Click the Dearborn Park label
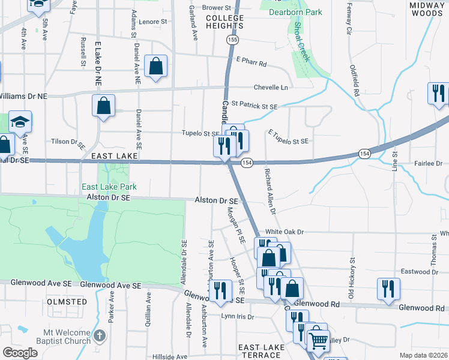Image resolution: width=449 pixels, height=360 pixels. [x=295, y=12]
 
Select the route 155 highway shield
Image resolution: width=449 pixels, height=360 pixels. [x=232, y=40]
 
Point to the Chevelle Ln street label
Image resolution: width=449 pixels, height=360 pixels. [x=271, y=88]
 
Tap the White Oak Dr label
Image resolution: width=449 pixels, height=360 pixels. [x=285, y=232]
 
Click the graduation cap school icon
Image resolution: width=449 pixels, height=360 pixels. [x=20, y=122]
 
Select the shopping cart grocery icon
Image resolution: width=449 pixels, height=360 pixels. [x=318, y=341]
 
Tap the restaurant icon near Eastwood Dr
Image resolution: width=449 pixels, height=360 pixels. [x=388, y=289]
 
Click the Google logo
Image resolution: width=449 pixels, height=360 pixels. [x=20, y=353]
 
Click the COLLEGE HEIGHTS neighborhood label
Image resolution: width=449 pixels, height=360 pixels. [x=225, y=22]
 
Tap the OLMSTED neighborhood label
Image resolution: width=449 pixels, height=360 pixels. [x=67, y=301]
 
